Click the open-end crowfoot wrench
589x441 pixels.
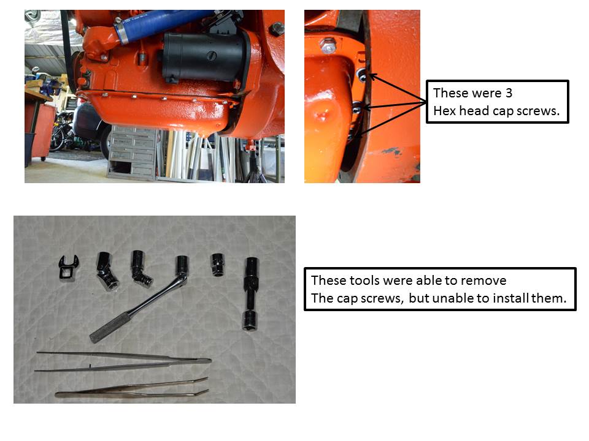68,267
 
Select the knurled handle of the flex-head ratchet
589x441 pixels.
110,327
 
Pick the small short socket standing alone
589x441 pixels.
217,265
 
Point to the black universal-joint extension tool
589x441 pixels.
250,293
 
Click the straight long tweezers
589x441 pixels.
124,361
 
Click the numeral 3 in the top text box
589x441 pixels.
509,92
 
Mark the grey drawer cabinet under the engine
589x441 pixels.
131,153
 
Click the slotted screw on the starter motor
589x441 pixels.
212,56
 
